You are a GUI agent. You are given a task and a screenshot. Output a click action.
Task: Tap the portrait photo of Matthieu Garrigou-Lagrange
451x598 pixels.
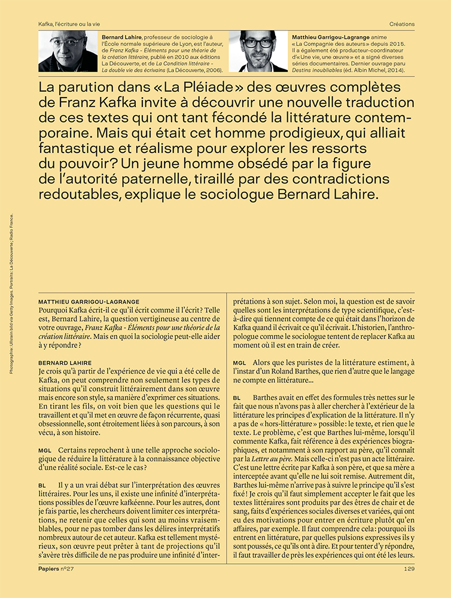coord(258,51)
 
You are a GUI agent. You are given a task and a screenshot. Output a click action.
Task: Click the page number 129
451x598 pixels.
coord(409,569)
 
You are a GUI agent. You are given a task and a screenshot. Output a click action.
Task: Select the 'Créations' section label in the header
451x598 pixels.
coord(401,24)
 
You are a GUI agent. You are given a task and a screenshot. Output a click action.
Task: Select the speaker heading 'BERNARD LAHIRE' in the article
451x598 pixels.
coord(64,362)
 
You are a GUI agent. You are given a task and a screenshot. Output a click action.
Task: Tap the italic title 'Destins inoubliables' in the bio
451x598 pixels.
coord(318,70)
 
